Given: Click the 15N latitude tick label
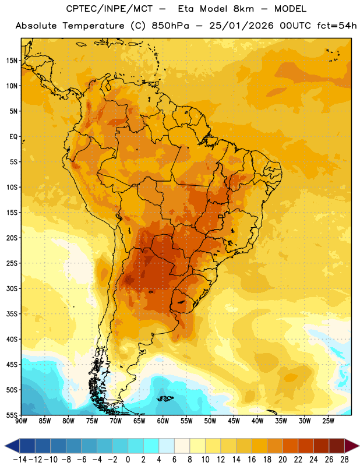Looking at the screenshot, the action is tap(12, 61).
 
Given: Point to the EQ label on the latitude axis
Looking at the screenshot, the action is tap(13, 137).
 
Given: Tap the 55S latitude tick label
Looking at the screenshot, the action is tap(12, 415).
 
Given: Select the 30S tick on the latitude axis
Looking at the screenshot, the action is tap(12, 288).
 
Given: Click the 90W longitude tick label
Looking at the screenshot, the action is tap(21, 421).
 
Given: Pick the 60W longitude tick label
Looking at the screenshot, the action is tap(163, 421).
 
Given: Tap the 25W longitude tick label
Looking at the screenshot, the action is tap(328, 421).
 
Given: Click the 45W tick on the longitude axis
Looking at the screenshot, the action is tap(234, 421).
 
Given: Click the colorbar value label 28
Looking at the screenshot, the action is tap(344, 460).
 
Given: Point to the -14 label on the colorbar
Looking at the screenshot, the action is tap(20, 460).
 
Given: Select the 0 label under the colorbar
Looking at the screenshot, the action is tap(128, 460).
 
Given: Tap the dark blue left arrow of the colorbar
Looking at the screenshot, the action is tap(12, 446).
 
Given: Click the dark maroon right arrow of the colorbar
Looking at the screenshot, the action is tap(352, 446).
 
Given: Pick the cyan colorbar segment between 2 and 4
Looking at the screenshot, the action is tap(151, 446).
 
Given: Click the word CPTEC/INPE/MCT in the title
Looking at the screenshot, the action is tap(110, 9).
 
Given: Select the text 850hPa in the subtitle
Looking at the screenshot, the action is tap(170, 26).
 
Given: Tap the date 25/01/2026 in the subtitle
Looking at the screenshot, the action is tap(241, 26).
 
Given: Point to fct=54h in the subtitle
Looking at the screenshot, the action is tap(337, 26).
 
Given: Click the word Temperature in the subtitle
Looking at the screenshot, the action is tap(93, 26).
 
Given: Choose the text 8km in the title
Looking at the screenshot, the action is tap(243, 9).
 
